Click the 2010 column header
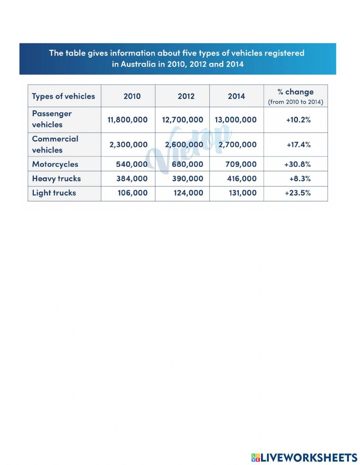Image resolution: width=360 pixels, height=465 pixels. pos(132,96)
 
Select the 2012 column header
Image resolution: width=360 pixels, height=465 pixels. pos(186,96)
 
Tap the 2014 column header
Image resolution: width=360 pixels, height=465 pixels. pos(236,96)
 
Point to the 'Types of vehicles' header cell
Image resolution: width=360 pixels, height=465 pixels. pos(63,96)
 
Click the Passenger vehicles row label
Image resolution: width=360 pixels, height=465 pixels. pos(52,119)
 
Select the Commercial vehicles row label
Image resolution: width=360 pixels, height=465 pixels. pos(55,144)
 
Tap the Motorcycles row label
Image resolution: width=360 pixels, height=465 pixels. pos(55,164)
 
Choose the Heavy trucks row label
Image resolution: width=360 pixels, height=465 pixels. pos(57,179)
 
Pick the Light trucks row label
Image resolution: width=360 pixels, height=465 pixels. pos(54,193)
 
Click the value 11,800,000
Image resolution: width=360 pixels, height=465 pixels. pos(127,120)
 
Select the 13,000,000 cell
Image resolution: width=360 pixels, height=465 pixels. pos(236,120)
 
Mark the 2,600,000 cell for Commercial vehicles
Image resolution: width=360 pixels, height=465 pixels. pos(184,145)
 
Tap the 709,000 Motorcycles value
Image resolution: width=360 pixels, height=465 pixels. pos(241,164)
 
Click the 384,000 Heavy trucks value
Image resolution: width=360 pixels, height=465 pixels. pos(132,179)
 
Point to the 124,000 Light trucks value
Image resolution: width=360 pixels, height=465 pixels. pos(188,193)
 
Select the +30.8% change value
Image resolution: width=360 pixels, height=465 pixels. pos(297,164)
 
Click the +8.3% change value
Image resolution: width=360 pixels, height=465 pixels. pos(300,179)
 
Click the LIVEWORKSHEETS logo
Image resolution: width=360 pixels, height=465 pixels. pos(304,458)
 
